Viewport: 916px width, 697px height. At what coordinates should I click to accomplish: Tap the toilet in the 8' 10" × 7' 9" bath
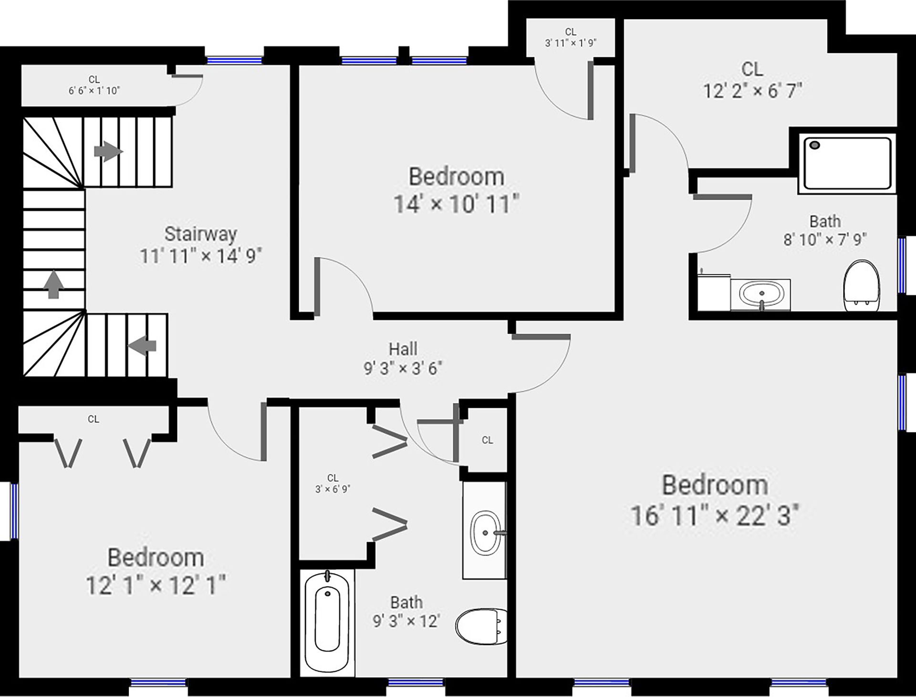coord(862,286)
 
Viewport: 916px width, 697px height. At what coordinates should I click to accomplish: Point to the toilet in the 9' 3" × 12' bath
coord(481,626)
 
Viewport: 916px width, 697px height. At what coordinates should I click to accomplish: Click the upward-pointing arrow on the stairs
coord(53,285)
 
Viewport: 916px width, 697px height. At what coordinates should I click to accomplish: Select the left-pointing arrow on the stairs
coord(142,345)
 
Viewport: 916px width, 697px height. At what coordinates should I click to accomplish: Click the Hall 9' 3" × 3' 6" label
coord(403,358)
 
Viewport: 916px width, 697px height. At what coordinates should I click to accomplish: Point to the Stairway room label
coord(200,234)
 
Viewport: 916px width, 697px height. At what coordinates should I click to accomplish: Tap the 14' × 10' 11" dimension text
coord(456,204)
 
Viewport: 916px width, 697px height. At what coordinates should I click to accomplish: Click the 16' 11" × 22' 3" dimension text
coord(715,515)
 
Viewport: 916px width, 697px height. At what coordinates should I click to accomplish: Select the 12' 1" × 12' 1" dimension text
coord(156,584)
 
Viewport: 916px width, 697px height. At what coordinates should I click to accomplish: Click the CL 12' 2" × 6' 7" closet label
coord(752,80)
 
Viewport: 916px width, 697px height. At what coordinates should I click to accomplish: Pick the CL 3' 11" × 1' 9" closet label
coord(571,37)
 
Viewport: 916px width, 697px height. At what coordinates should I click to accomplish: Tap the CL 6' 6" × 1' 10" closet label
coord(94,85)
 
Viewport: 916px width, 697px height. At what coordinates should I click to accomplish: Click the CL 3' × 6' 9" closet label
coord(333,483)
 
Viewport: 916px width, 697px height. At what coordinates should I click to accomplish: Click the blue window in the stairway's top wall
coord(234,61)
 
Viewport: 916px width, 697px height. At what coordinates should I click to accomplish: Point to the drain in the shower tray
coord(815,145)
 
